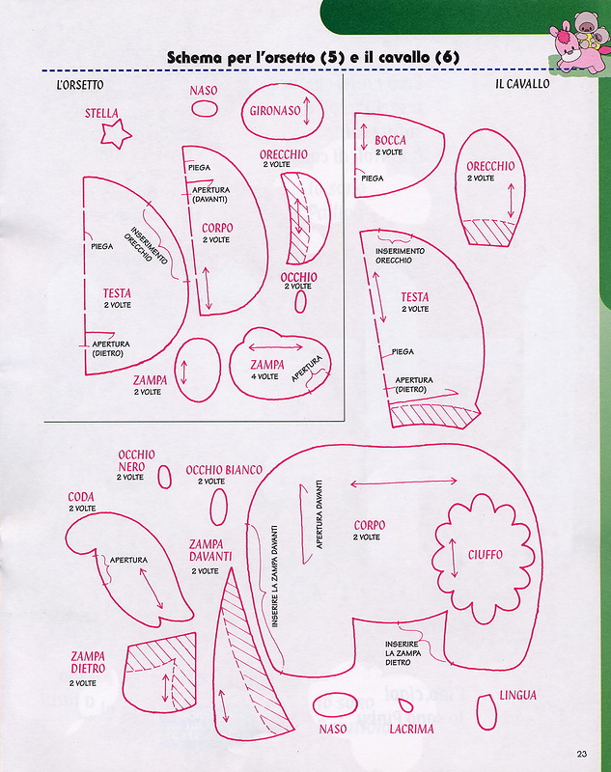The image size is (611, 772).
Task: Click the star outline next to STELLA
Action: click(x=116, y=134)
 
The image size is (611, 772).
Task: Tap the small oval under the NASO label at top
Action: click(x=205, y=109)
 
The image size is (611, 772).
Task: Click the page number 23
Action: click(x=582, y=755)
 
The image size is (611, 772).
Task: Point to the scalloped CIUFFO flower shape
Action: click(x=485, y=553)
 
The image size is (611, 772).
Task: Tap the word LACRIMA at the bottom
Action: click(x=411, y=730)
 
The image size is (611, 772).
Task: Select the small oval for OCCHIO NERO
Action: click(x=165, y=476)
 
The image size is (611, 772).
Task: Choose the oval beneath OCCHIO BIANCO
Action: click(x=219, y=506)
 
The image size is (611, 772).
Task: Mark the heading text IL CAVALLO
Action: click(x=522, y=85)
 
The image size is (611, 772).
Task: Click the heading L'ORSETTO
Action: click(x=79, y=85)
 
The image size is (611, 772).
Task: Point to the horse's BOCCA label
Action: click(x=390, y=141)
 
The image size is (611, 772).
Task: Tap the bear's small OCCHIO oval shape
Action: click(x=300, y=302)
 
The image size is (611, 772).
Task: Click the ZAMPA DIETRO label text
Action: click(x=87, y=663)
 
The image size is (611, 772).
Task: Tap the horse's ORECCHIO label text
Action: click(x=490, y=166)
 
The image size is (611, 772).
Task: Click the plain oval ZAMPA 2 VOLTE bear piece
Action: click(x=200, y=368)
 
